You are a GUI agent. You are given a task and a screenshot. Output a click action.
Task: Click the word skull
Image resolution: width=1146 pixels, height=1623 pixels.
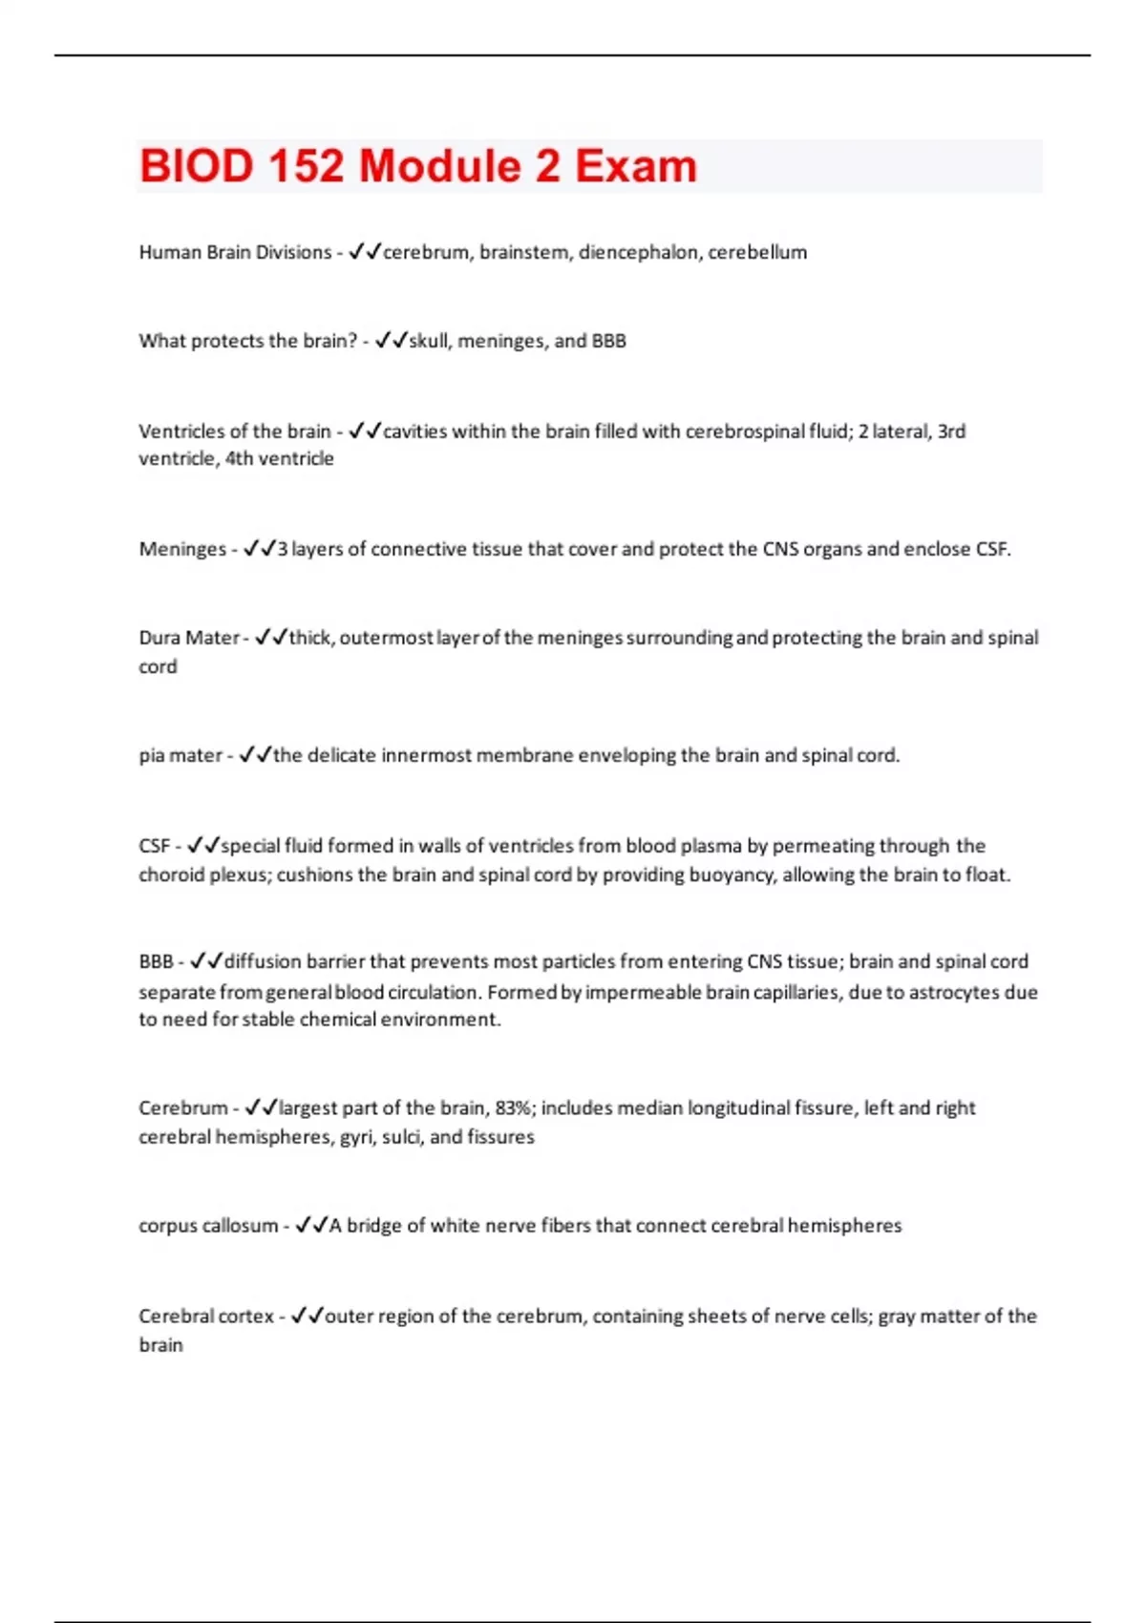coord(429,341)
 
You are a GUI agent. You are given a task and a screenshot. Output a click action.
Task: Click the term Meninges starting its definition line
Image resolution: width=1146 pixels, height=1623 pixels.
coord(182,549)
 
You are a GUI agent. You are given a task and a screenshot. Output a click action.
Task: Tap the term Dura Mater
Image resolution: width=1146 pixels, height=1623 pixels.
coord(188,638)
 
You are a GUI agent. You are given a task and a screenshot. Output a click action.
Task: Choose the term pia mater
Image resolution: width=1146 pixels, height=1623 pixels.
coord(180,755)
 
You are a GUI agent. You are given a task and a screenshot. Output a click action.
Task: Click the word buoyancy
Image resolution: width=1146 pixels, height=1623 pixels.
coord(730,875)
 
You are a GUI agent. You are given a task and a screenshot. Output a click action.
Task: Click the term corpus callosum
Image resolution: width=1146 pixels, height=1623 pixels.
coord(208,1226)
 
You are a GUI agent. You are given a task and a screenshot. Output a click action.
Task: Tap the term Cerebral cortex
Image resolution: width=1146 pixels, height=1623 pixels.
coord(206,1317)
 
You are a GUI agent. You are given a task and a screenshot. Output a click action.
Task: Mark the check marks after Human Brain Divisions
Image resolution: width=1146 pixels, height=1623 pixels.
coord(364,252)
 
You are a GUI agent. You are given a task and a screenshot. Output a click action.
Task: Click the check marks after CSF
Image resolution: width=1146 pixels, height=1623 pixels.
coord(202,846)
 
